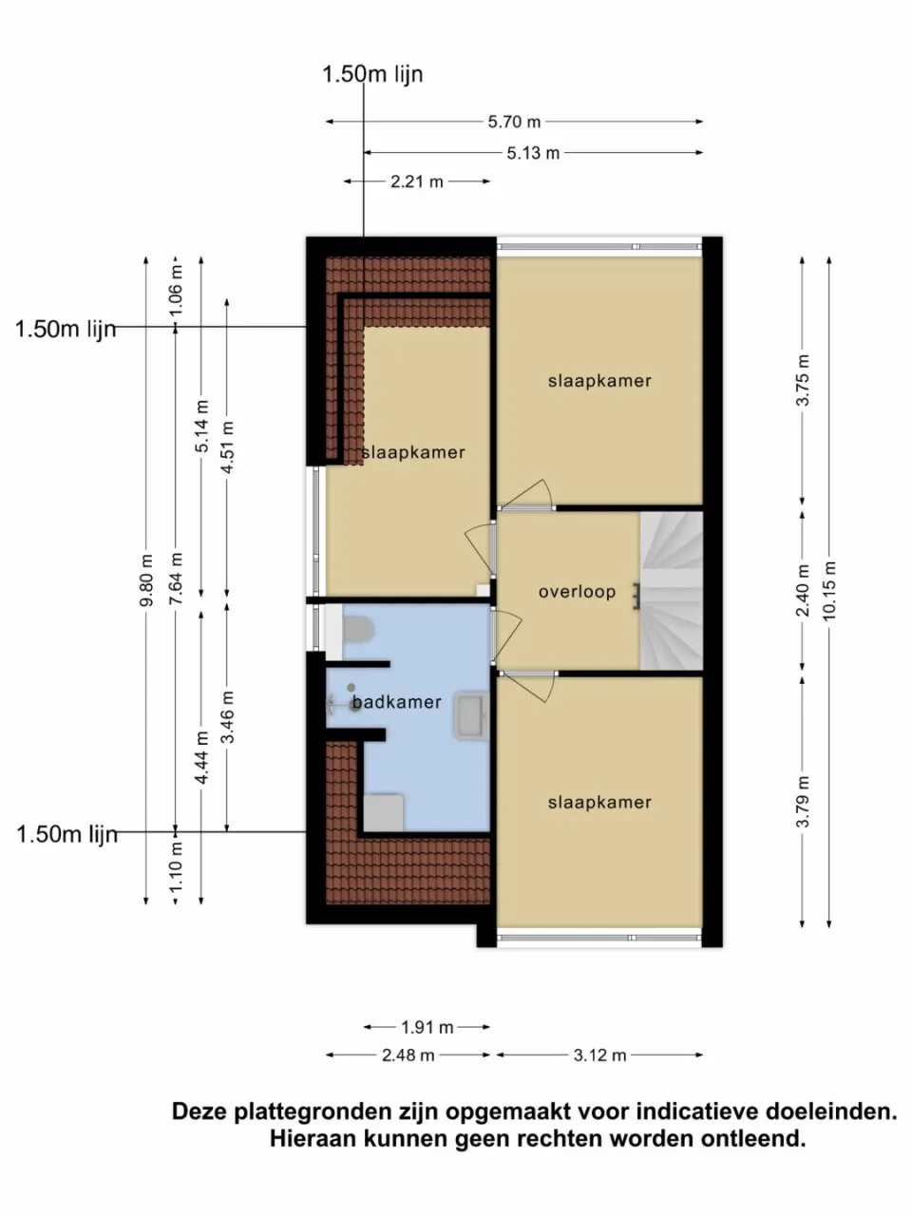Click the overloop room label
(x=577, y=592)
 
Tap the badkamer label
(x=396, y=703)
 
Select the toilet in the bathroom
(x=359, y=631)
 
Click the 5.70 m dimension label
(x=514, y=122)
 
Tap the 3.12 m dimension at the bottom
(x=599, y=1055)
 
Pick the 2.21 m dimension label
(x=417, y=181)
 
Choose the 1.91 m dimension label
(x=427, y=1027)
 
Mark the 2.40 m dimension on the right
(x=803, y=591)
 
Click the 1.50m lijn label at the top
(x=372, y=74)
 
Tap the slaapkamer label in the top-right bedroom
(x=599, y=381)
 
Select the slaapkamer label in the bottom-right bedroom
(x=599, y=803)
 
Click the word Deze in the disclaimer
(x=200, y=1111)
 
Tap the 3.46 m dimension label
(x=227, y=717)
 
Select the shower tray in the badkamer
(x=384, y=813)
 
